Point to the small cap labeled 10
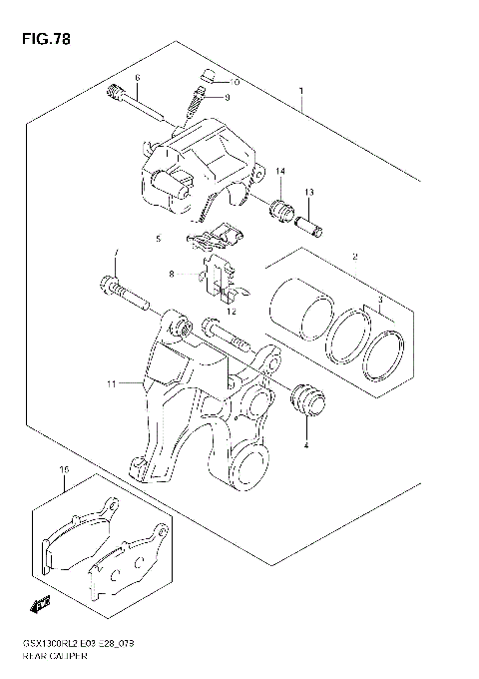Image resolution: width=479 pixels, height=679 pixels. [x=208, y=76]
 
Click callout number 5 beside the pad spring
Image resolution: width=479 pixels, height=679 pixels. [x=157, y=240]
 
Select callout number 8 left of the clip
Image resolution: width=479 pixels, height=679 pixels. [x=172, y=274]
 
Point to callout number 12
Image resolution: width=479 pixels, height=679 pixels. [x=231, y=312]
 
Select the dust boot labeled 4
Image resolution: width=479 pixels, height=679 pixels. [x=305, y=400]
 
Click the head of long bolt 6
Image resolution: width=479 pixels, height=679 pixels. [x=114, y=95]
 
